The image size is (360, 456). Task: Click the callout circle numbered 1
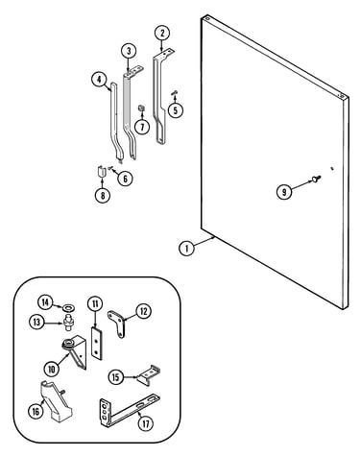click(x=187, y=248)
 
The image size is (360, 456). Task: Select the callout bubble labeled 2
click(x=162, y=34)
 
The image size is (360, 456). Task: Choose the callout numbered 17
click(x=146, y=424)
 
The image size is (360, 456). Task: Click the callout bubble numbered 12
click(x=143, y=311)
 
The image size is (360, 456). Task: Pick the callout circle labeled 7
click(x=142, y=127)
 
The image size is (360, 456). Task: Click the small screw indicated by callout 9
click(x=317, y=180)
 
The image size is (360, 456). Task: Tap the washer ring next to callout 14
click(x=69, y=308)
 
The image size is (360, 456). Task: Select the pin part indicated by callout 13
click(x=68, y=324)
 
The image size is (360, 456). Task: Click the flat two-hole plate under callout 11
click(x=96, y=343)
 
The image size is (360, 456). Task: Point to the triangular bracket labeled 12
click(x=118, y=323)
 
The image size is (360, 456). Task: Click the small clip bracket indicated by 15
click(x=149, y=375)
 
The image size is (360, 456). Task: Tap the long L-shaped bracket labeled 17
click(x=128, y=412)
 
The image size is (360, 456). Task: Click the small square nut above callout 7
click(x=141, y=108)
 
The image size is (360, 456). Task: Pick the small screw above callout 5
click(x=175, y=92)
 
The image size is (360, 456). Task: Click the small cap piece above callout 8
click(x=102, y=171)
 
